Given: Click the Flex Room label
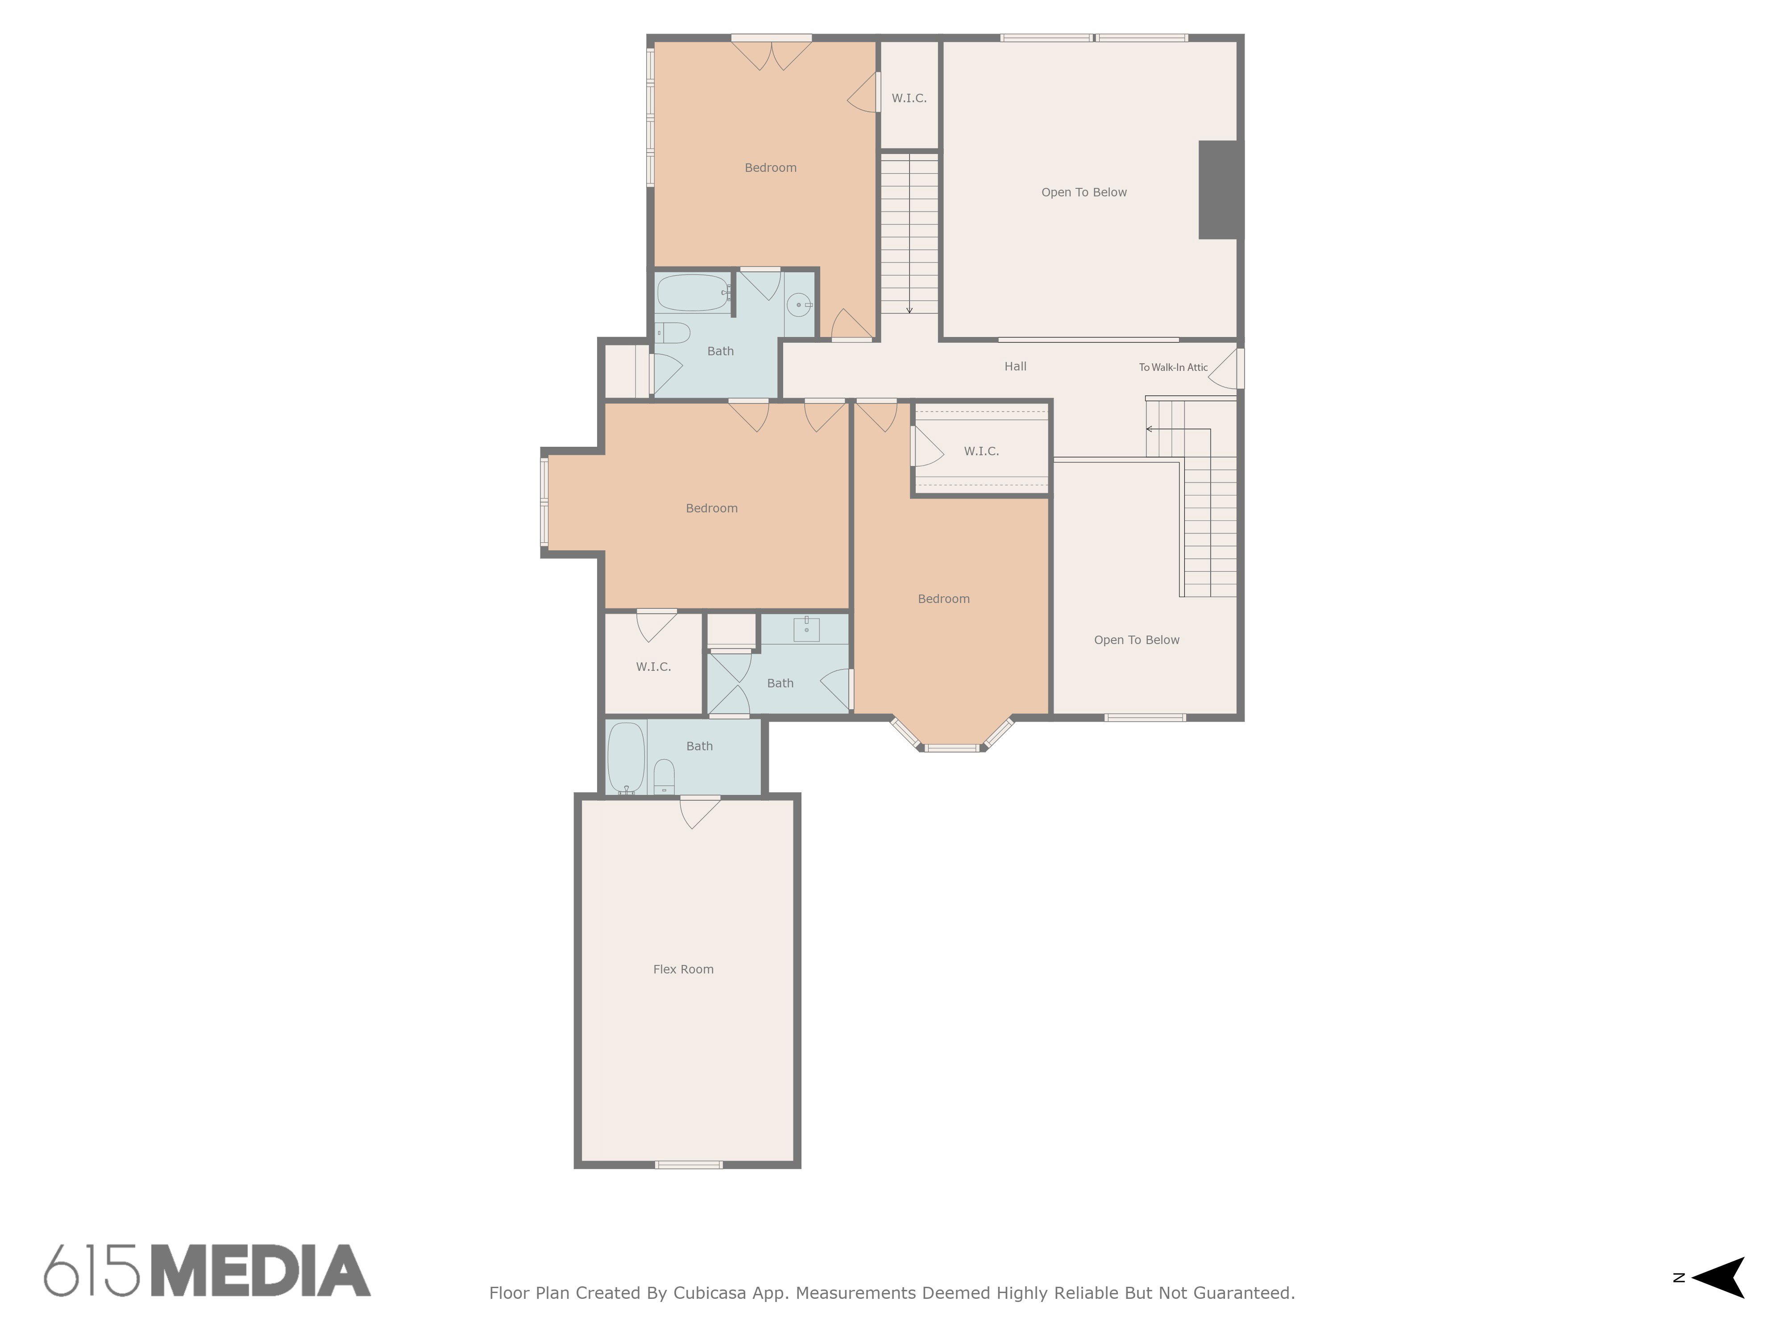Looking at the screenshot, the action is (x=684, y=969).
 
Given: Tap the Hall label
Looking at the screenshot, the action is (x=1015, y=366).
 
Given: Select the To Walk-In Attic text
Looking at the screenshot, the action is (x=1173, y=367).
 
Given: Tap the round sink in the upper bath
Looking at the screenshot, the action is (x=798, y=304).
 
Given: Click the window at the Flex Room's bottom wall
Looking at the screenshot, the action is (x=688, y=1164).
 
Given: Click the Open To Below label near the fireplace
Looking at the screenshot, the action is (x=1084, y=192).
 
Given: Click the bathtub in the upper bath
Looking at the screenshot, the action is (x=693, y=293).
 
